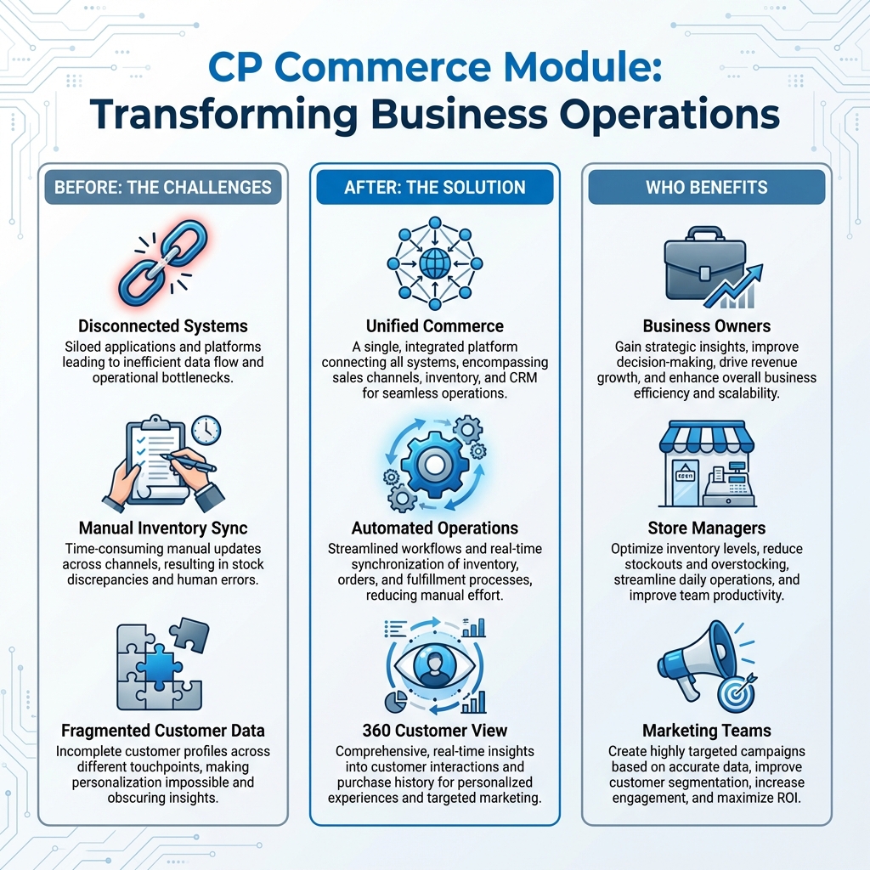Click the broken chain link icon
[x=162, y=263]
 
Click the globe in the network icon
[x=434, y=261]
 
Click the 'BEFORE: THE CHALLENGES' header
[x=163, y=187]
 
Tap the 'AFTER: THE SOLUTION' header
[x=434, y=187]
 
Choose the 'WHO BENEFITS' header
[x=707, y=187]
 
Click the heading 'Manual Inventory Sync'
[x=163, y=528]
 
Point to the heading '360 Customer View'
[x=434, y=730]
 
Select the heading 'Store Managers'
[x=707, y=528]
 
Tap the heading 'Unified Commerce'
[x=434, y=326]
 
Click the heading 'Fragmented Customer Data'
[x=163, y=730]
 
